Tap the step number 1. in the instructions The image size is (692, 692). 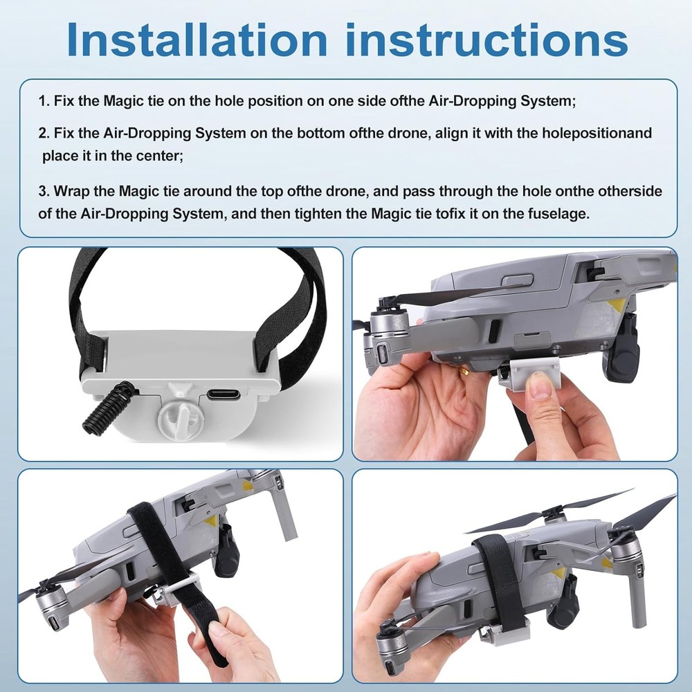[44, 101]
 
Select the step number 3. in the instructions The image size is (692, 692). [44, 190]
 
